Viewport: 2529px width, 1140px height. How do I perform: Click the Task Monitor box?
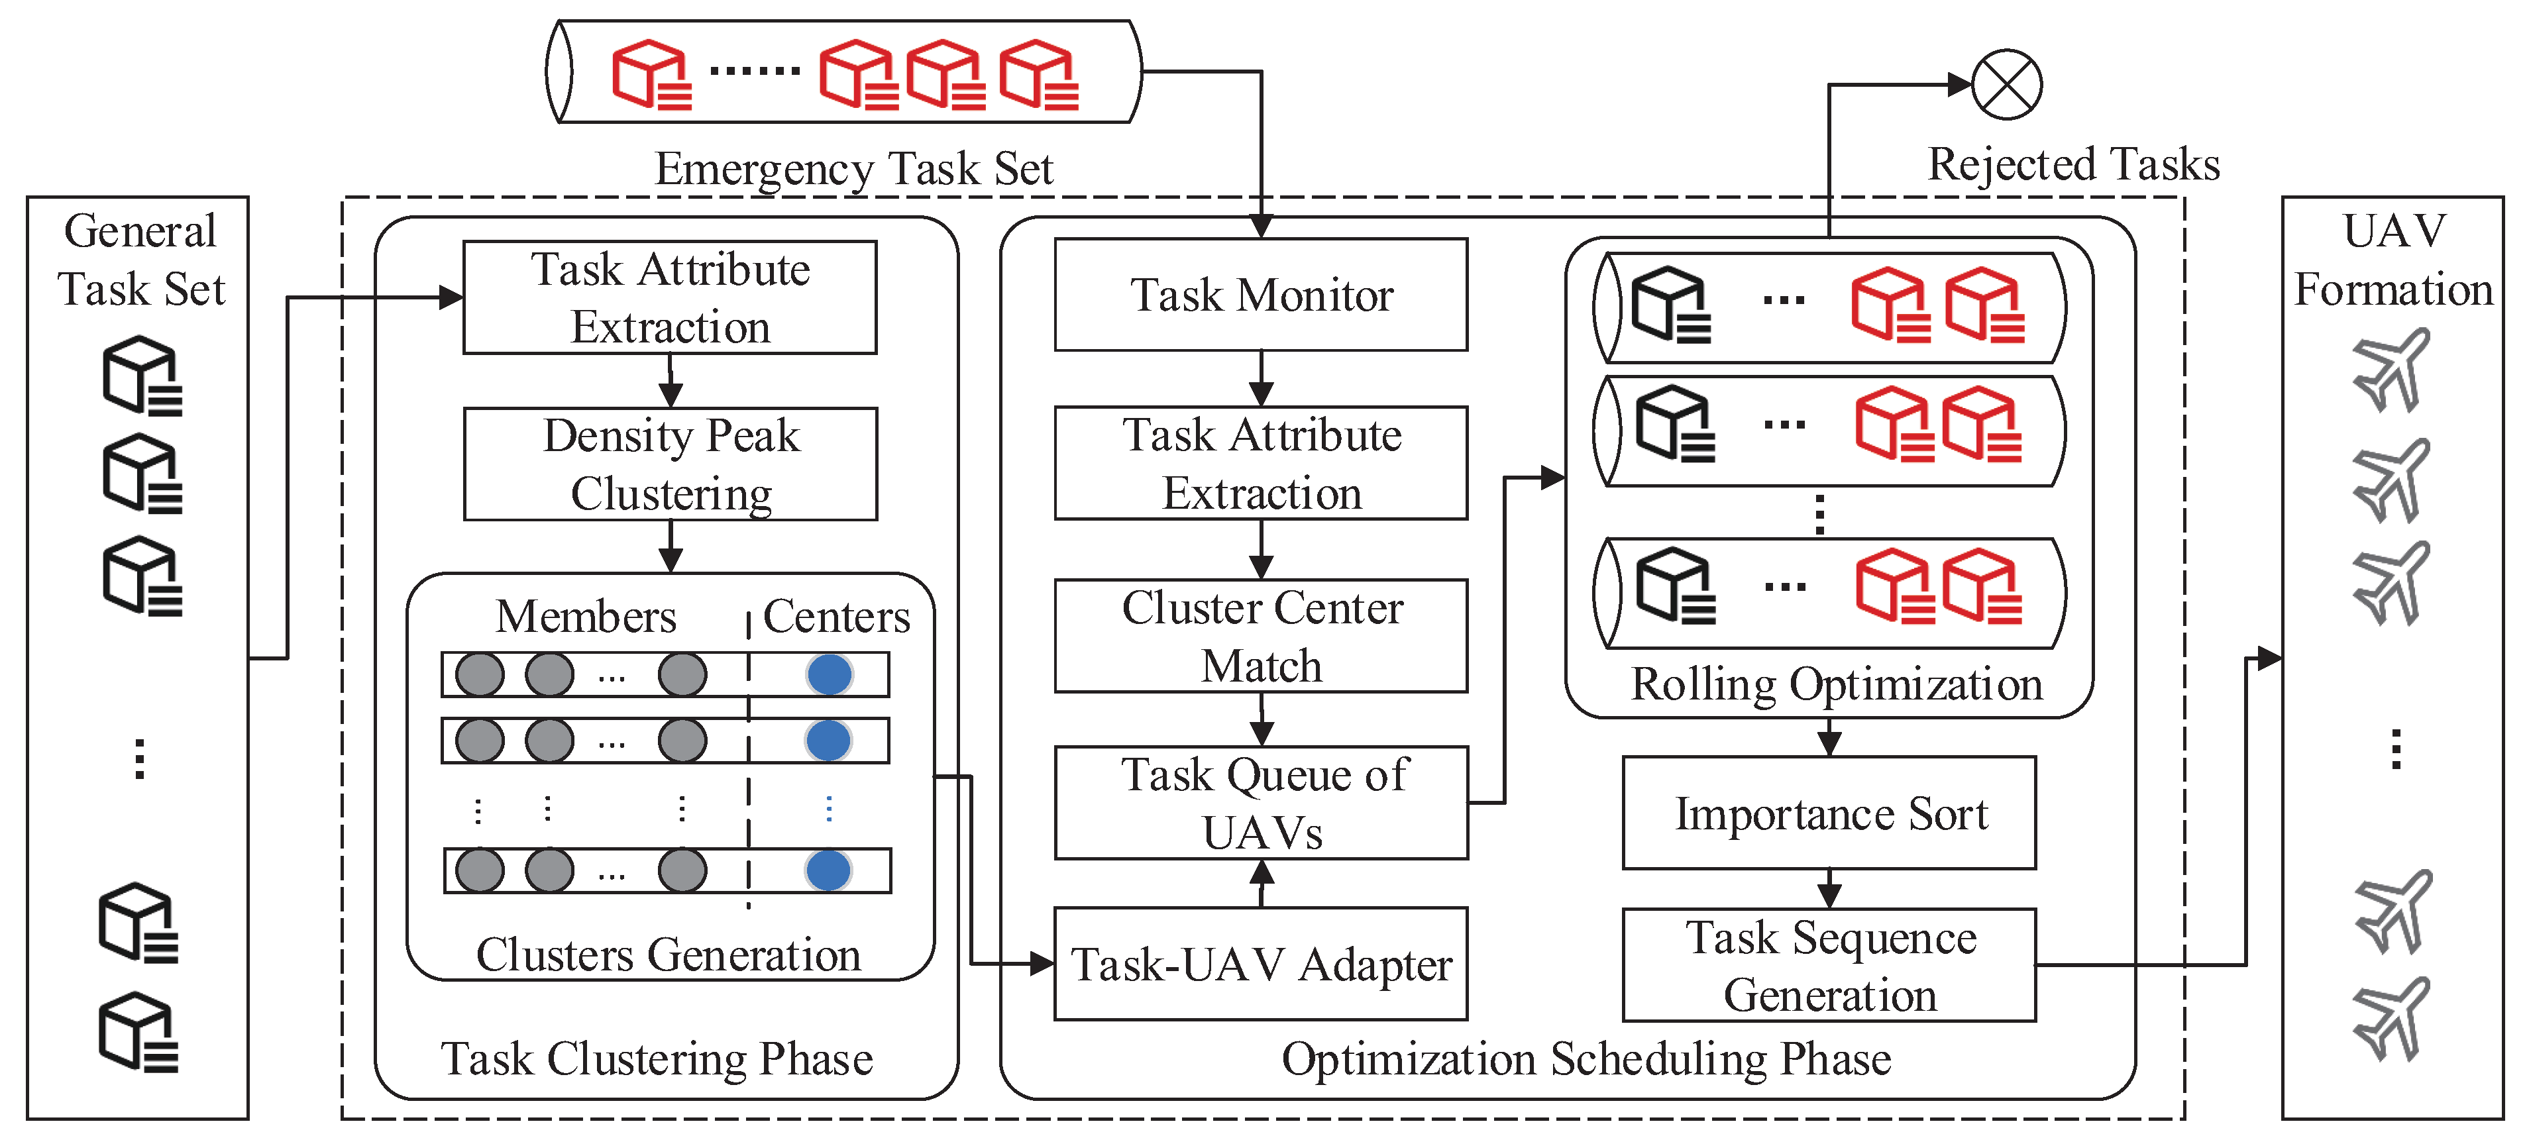1261,295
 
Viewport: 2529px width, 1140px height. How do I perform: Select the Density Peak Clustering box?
671,464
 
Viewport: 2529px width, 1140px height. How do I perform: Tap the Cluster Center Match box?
1261,637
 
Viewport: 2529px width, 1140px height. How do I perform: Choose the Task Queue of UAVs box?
1261,803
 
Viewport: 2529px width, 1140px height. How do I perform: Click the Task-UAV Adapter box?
1261,964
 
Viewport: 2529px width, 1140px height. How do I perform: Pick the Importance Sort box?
1829,813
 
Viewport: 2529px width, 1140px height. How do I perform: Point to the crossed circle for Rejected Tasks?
2007,84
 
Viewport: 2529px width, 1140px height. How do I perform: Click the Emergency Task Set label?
853,169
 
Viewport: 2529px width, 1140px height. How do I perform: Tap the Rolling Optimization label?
1836,684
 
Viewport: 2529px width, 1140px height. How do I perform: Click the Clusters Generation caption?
669,955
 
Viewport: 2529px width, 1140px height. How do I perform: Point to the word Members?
586,617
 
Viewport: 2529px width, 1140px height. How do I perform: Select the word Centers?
836,617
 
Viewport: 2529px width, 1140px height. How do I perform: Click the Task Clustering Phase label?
657,1059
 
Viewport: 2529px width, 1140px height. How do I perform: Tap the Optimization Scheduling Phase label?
1587,1059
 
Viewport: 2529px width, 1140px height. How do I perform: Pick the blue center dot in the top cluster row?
830,674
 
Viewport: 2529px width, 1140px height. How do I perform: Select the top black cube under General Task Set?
142,376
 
